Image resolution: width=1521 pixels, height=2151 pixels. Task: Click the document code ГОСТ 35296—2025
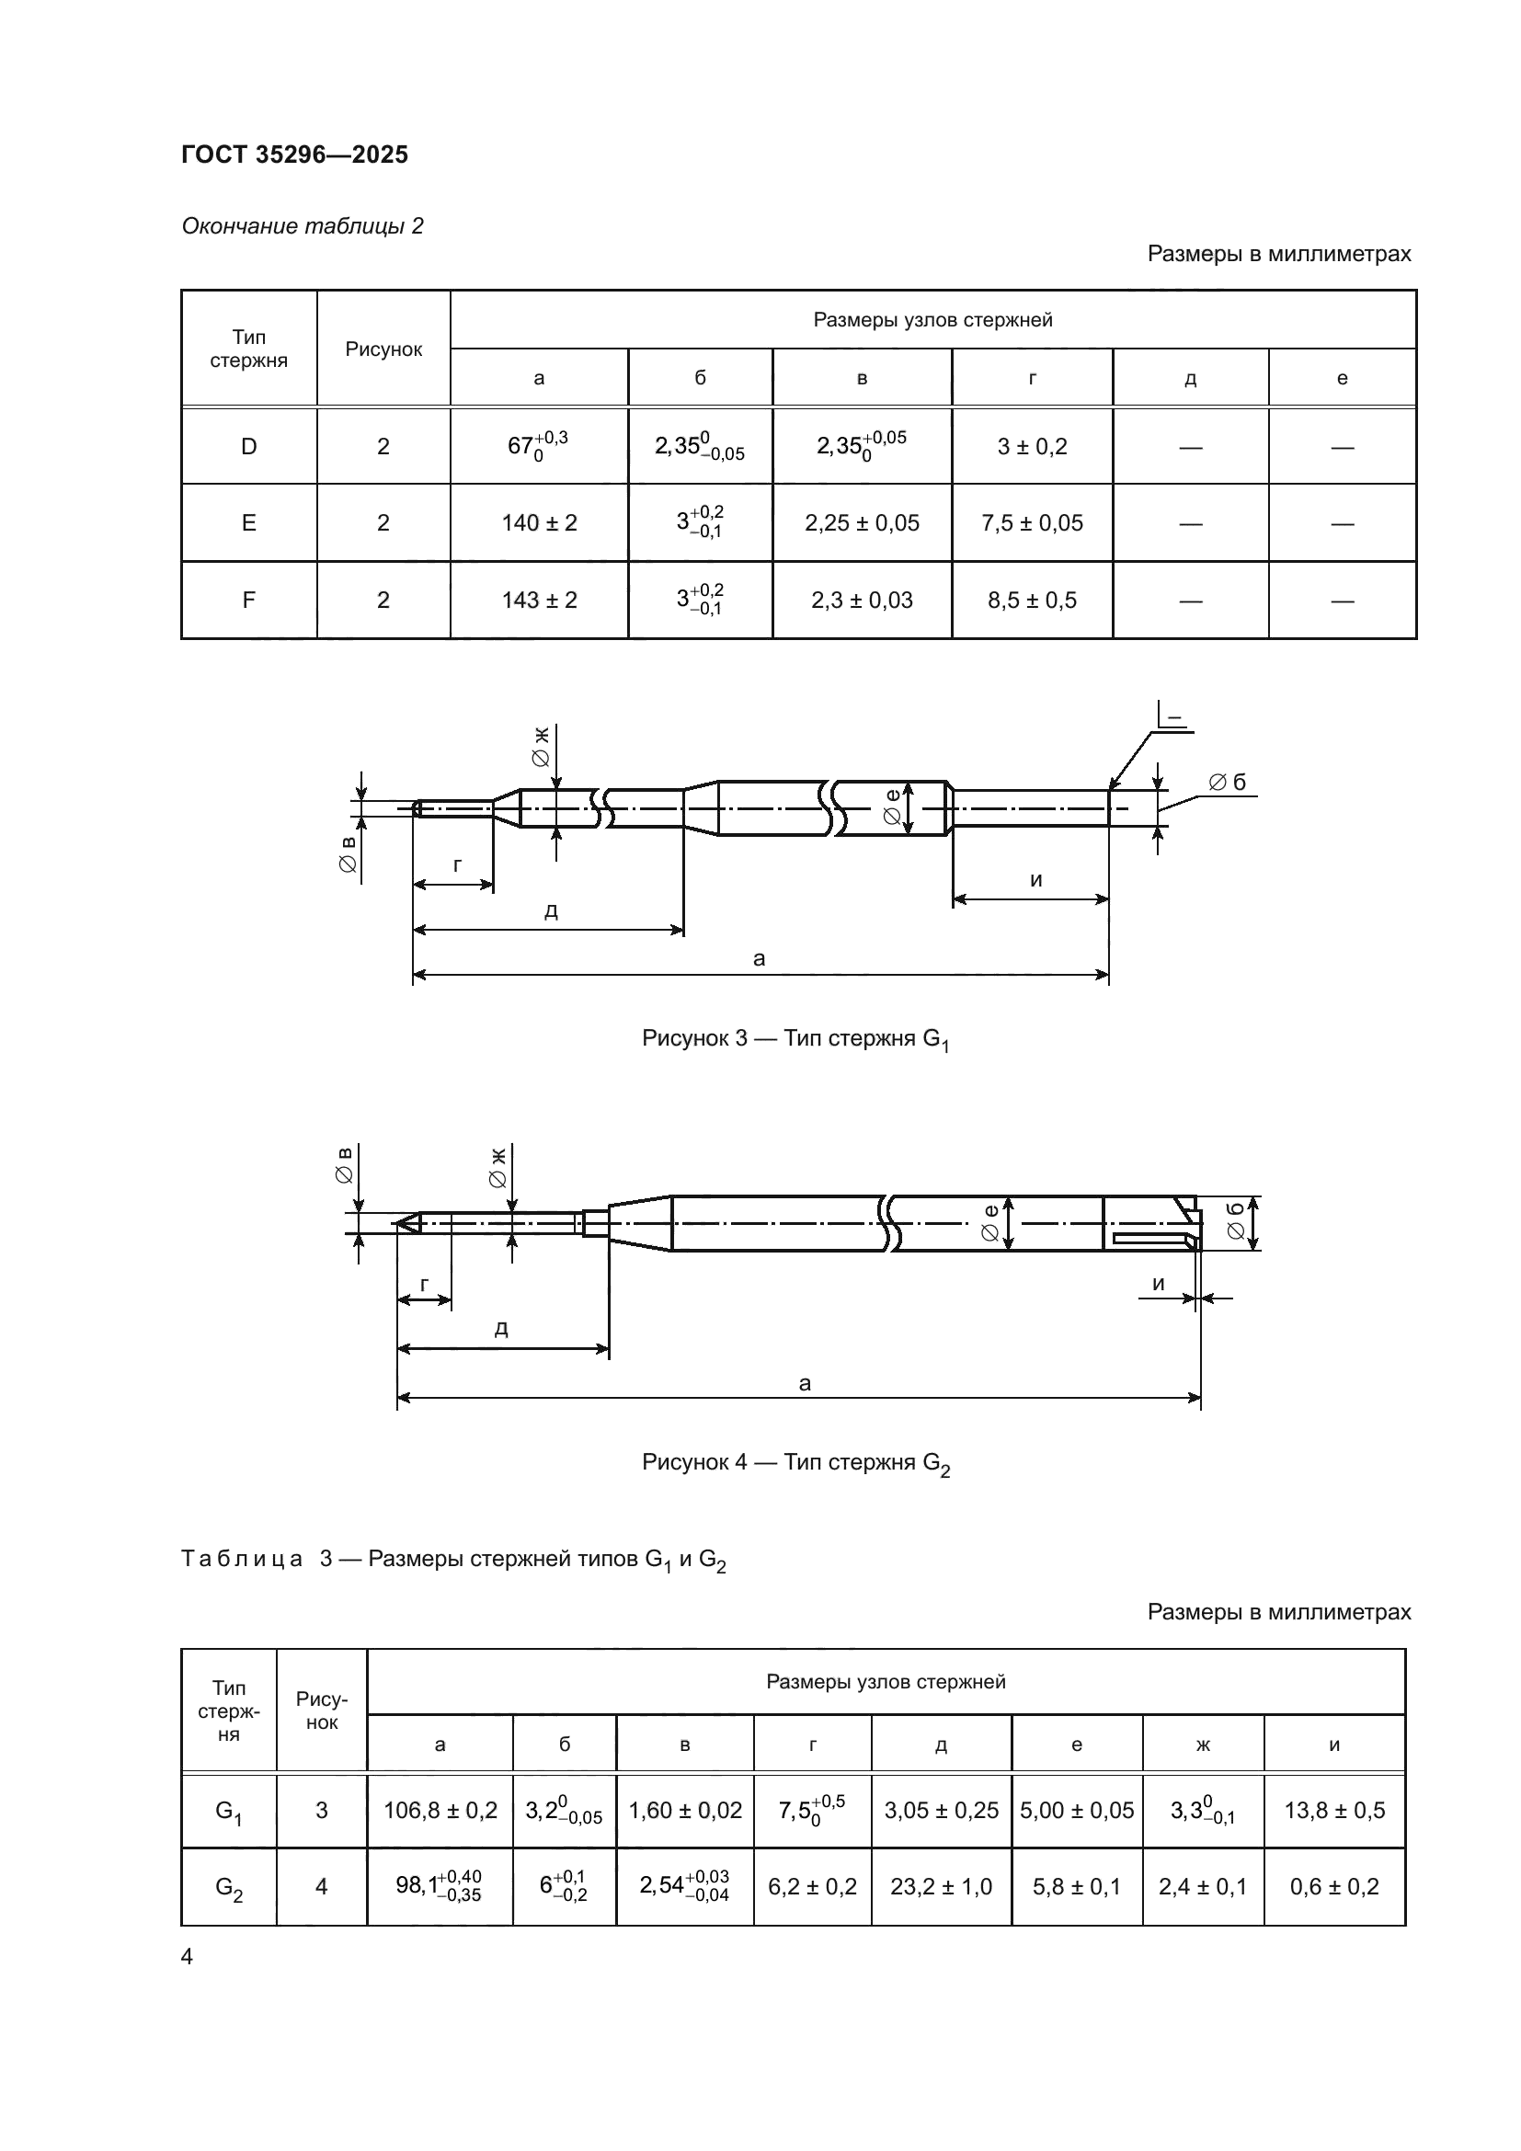point(295,154)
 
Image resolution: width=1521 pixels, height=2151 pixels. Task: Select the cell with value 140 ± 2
point(539,522)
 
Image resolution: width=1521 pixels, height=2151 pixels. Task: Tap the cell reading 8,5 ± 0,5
point(1032,600)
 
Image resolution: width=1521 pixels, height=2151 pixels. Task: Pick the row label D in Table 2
point(248,447)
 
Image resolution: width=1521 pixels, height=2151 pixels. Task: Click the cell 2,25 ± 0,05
point(862,522)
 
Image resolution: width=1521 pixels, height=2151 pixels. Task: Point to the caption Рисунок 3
point(795,1039)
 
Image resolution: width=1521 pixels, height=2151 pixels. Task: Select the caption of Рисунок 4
point(795,1463)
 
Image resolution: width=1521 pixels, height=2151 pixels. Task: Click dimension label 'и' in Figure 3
point(1035,880)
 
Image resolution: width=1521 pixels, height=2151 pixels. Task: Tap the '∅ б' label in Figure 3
point(1227,783)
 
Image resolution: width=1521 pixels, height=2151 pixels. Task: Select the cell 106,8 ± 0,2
point(440,1811)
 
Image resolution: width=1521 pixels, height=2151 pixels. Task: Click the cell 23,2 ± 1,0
point(942,1887)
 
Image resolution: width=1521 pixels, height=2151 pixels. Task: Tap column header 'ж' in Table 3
point(1204,1745)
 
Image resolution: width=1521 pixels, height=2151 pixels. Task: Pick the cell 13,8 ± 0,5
point(1333,1811)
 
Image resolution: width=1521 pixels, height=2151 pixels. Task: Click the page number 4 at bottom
point(188,1957)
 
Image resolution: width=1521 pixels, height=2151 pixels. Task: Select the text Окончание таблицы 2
point(303,226)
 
